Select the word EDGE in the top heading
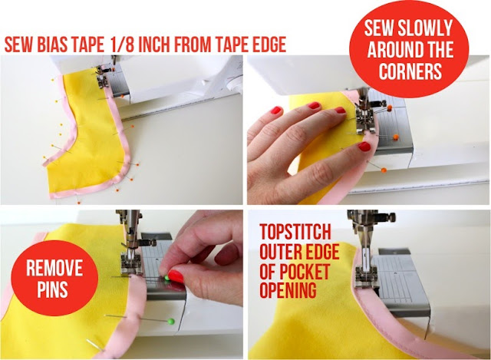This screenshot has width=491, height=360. (x=270, y=45)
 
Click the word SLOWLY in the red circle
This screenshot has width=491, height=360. (x=425, y=28)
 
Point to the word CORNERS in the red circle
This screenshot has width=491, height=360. (x=410, y=71)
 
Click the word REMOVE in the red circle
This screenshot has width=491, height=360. (x=54, y=267)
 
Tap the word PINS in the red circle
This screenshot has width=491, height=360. (x=52, y=289)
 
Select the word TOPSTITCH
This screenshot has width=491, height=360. (x=295, y=232)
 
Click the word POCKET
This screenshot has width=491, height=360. (x=305, y=272)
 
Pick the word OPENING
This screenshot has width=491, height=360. (x=288, y=291)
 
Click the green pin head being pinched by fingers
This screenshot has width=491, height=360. (x=167, y=278)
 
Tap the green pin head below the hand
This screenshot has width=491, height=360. (x=170, y=321)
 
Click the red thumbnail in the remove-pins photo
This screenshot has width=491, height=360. (x=176, y=276)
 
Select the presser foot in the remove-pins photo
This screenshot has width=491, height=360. (x=131, y=265)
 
